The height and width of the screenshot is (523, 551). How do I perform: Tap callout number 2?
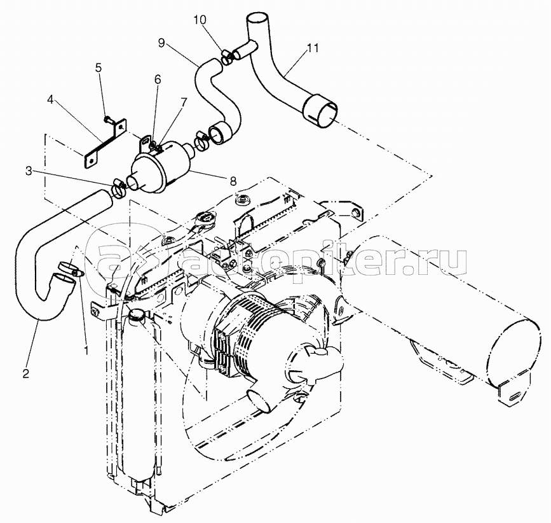click(x=26, y=373)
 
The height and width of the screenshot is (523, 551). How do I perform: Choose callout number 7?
click(x=183, y=102)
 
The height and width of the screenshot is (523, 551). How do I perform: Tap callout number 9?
click(x=161, y=43)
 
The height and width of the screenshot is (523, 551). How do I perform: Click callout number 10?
click(x=200, y=20)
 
